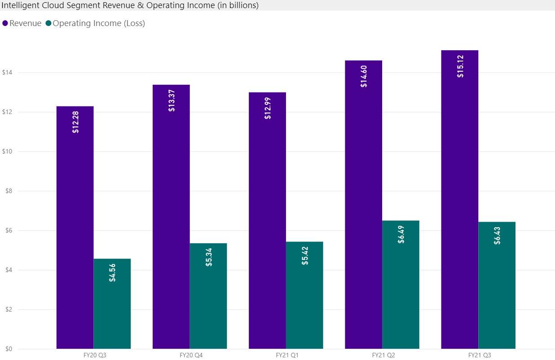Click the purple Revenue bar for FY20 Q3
[x=75, y=233]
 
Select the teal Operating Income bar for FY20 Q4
[x=208, y=296]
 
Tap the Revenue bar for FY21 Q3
[x=460, y=202]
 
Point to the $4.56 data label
[x=112, y=272]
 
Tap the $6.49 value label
[x=401, y=234]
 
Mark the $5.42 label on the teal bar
[x=305, y=255]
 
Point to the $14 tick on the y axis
[x=7, y=72]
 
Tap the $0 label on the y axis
[x=9, y=349]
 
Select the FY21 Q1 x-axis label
[x=286, y=355]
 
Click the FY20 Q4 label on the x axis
[x=191, y=355]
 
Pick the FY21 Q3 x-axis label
[x=479, y=355]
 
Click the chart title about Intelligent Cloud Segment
[x=130, y=5]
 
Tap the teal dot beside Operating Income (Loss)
[x=48, y=23]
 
